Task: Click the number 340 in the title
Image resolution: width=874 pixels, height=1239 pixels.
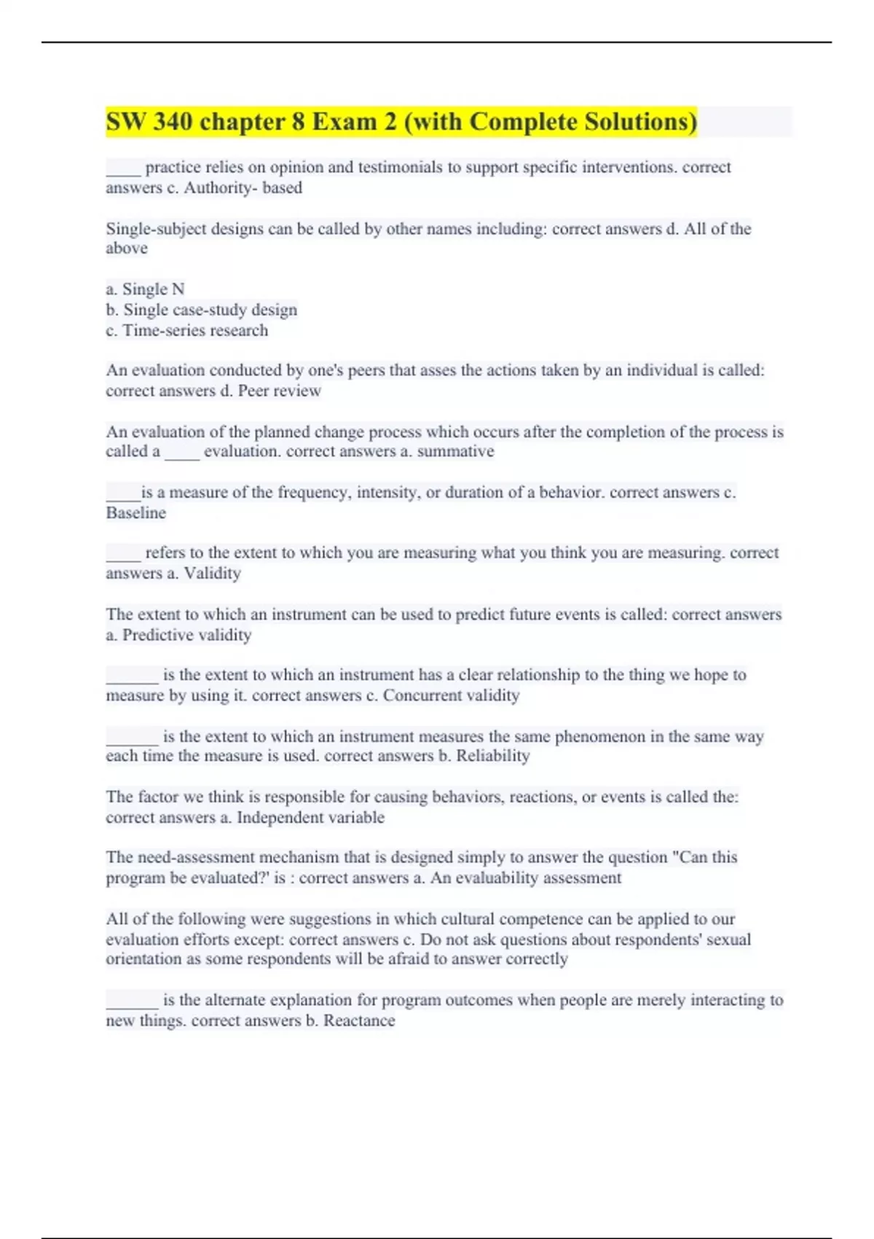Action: coord(172,122)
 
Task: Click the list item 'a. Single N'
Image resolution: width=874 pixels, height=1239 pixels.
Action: coord(145,289)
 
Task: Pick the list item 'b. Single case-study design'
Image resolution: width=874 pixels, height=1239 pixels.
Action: coord(201,310)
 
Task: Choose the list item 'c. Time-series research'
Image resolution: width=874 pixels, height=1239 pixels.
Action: coord(186,330)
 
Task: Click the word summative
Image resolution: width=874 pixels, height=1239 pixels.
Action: coord(455,451)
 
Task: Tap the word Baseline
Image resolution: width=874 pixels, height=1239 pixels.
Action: coord(136,513)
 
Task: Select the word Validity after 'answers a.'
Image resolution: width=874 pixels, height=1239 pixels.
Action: coord(212,574)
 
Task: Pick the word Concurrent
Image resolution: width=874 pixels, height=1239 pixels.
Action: coord(422,695)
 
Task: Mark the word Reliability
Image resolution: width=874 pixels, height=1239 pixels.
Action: coord(492,756)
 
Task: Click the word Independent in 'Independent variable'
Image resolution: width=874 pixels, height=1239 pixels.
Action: coord(280,818)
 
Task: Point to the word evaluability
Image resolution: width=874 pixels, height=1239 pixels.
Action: coord(508,878)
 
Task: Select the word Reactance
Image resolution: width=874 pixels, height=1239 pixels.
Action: coord(359,1020)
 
